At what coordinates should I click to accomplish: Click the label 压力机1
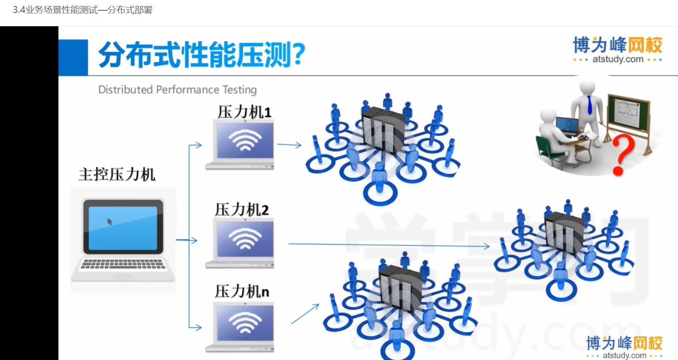pos(244,112)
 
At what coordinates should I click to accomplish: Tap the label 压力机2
pos(242,209)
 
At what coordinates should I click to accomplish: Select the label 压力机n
pos(242,291)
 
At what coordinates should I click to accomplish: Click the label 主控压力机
pos(117,175)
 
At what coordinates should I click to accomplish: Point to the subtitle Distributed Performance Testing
pos(177,89)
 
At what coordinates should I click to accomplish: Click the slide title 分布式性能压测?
pos(202,55)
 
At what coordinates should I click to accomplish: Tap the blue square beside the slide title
pos(73,58)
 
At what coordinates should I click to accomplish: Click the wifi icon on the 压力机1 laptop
pos(245,140)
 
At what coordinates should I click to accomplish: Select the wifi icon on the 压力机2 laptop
pos(245,239)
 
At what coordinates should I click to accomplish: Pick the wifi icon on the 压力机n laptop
pos(245,323)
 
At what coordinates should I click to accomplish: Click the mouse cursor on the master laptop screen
pos(110,222)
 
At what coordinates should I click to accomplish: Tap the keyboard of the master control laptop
pos(123,264)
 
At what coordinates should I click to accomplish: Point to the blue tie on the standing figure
pos(589,105)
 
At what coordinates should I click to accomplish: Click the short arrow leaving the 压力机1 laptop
pos(289,145)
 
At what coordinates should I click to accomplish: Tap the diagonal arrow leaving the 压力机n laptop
pos(305,314)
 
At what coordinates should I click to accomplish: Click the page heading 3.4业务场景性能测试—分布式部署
pos(83,10)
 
